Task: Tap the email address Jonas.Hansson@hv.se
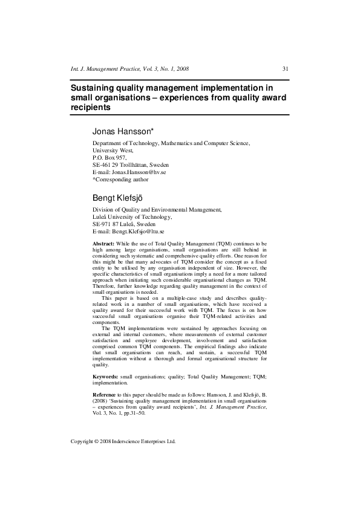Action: tap(138, 172)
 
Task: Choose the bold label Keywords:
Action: tap(105, 377)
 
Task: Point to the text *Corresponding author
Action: tap(120, 180)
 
